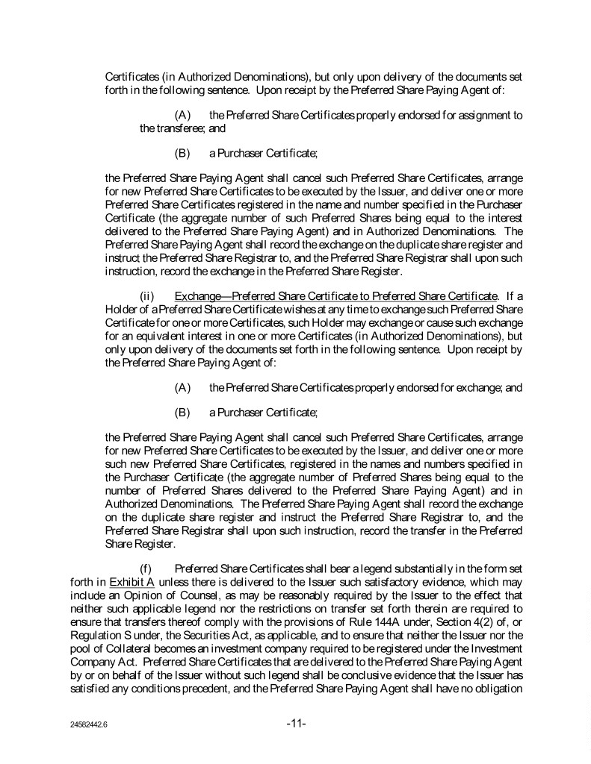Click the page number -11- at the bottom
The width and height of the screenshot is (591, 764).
pos(297,724)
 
